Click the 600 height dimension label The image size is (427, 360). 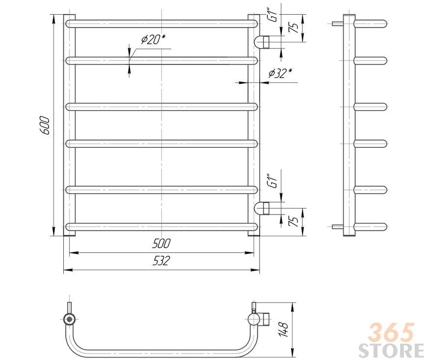click(44, 126)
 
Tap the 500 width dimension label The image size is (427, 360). click(161, 244)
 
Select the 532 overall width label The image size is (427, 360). click(161, 260)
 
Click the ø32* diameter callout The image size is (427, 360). click(280, 73)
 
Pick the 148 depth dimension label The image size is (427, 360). click(283, 330)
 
